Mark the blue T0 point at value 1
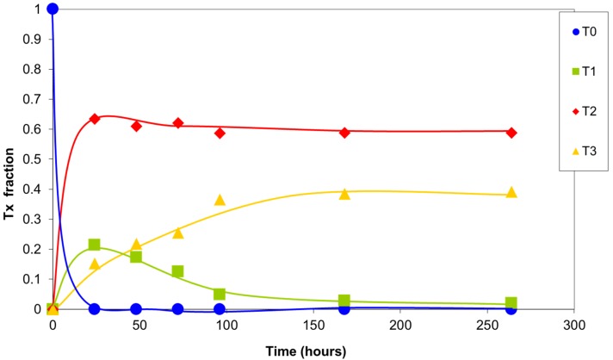[x=53, y=9]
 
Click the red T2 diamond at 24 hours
[x=95, y=118]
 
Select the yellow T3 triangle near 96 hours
[x=220, y=200]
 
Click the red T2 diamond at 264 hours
[x=511, y=133]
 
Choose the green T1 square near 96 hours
[x=220, y=294]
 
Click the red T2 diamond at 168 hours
[x=344, y=133]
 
